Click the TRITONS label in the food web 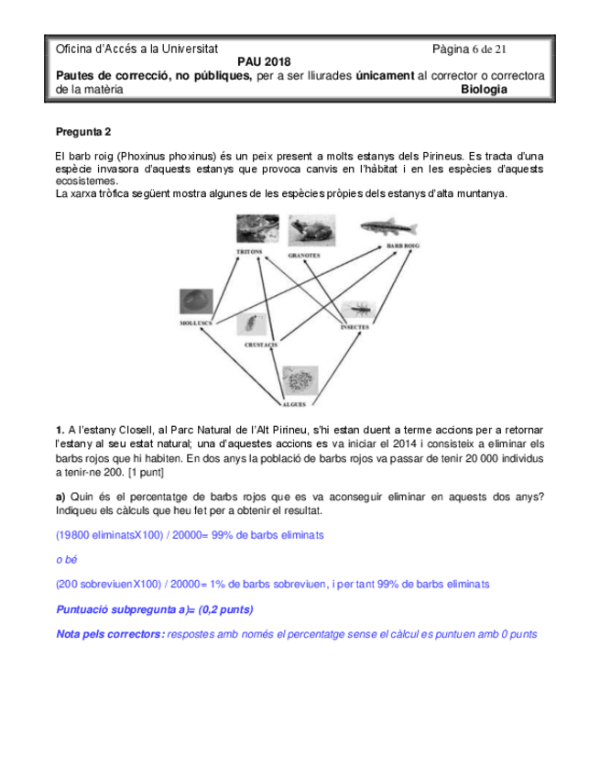(249, 251)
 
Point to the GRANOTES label (304, 255)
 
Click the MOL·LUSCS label (196, 323)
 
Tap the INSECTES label (355, 326)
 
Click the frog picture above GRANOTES (308, 229)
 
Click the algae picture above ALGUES (300, 380)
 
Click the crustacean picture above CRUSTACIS (248, 324)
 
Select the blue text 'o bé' (66, 559)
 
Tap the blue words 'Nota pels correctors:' (111, 634)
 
